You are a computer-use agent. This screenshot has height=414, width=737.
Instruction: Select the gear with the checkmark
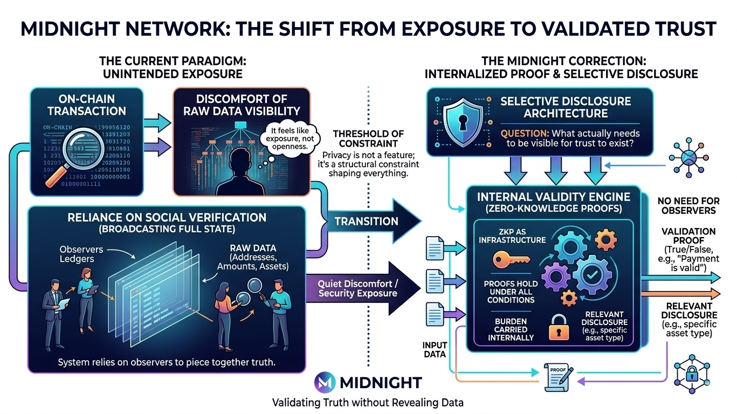pyautogui.click(x=593, y=275)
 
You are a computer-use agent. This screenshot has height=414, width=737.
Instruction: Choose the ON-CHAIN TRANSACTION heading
pyautogui.click(x=86, y=105)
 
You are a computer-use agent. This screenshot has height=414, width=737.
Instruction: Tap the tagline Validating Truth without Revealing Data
pyautogui.click(x=368, y=402)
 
